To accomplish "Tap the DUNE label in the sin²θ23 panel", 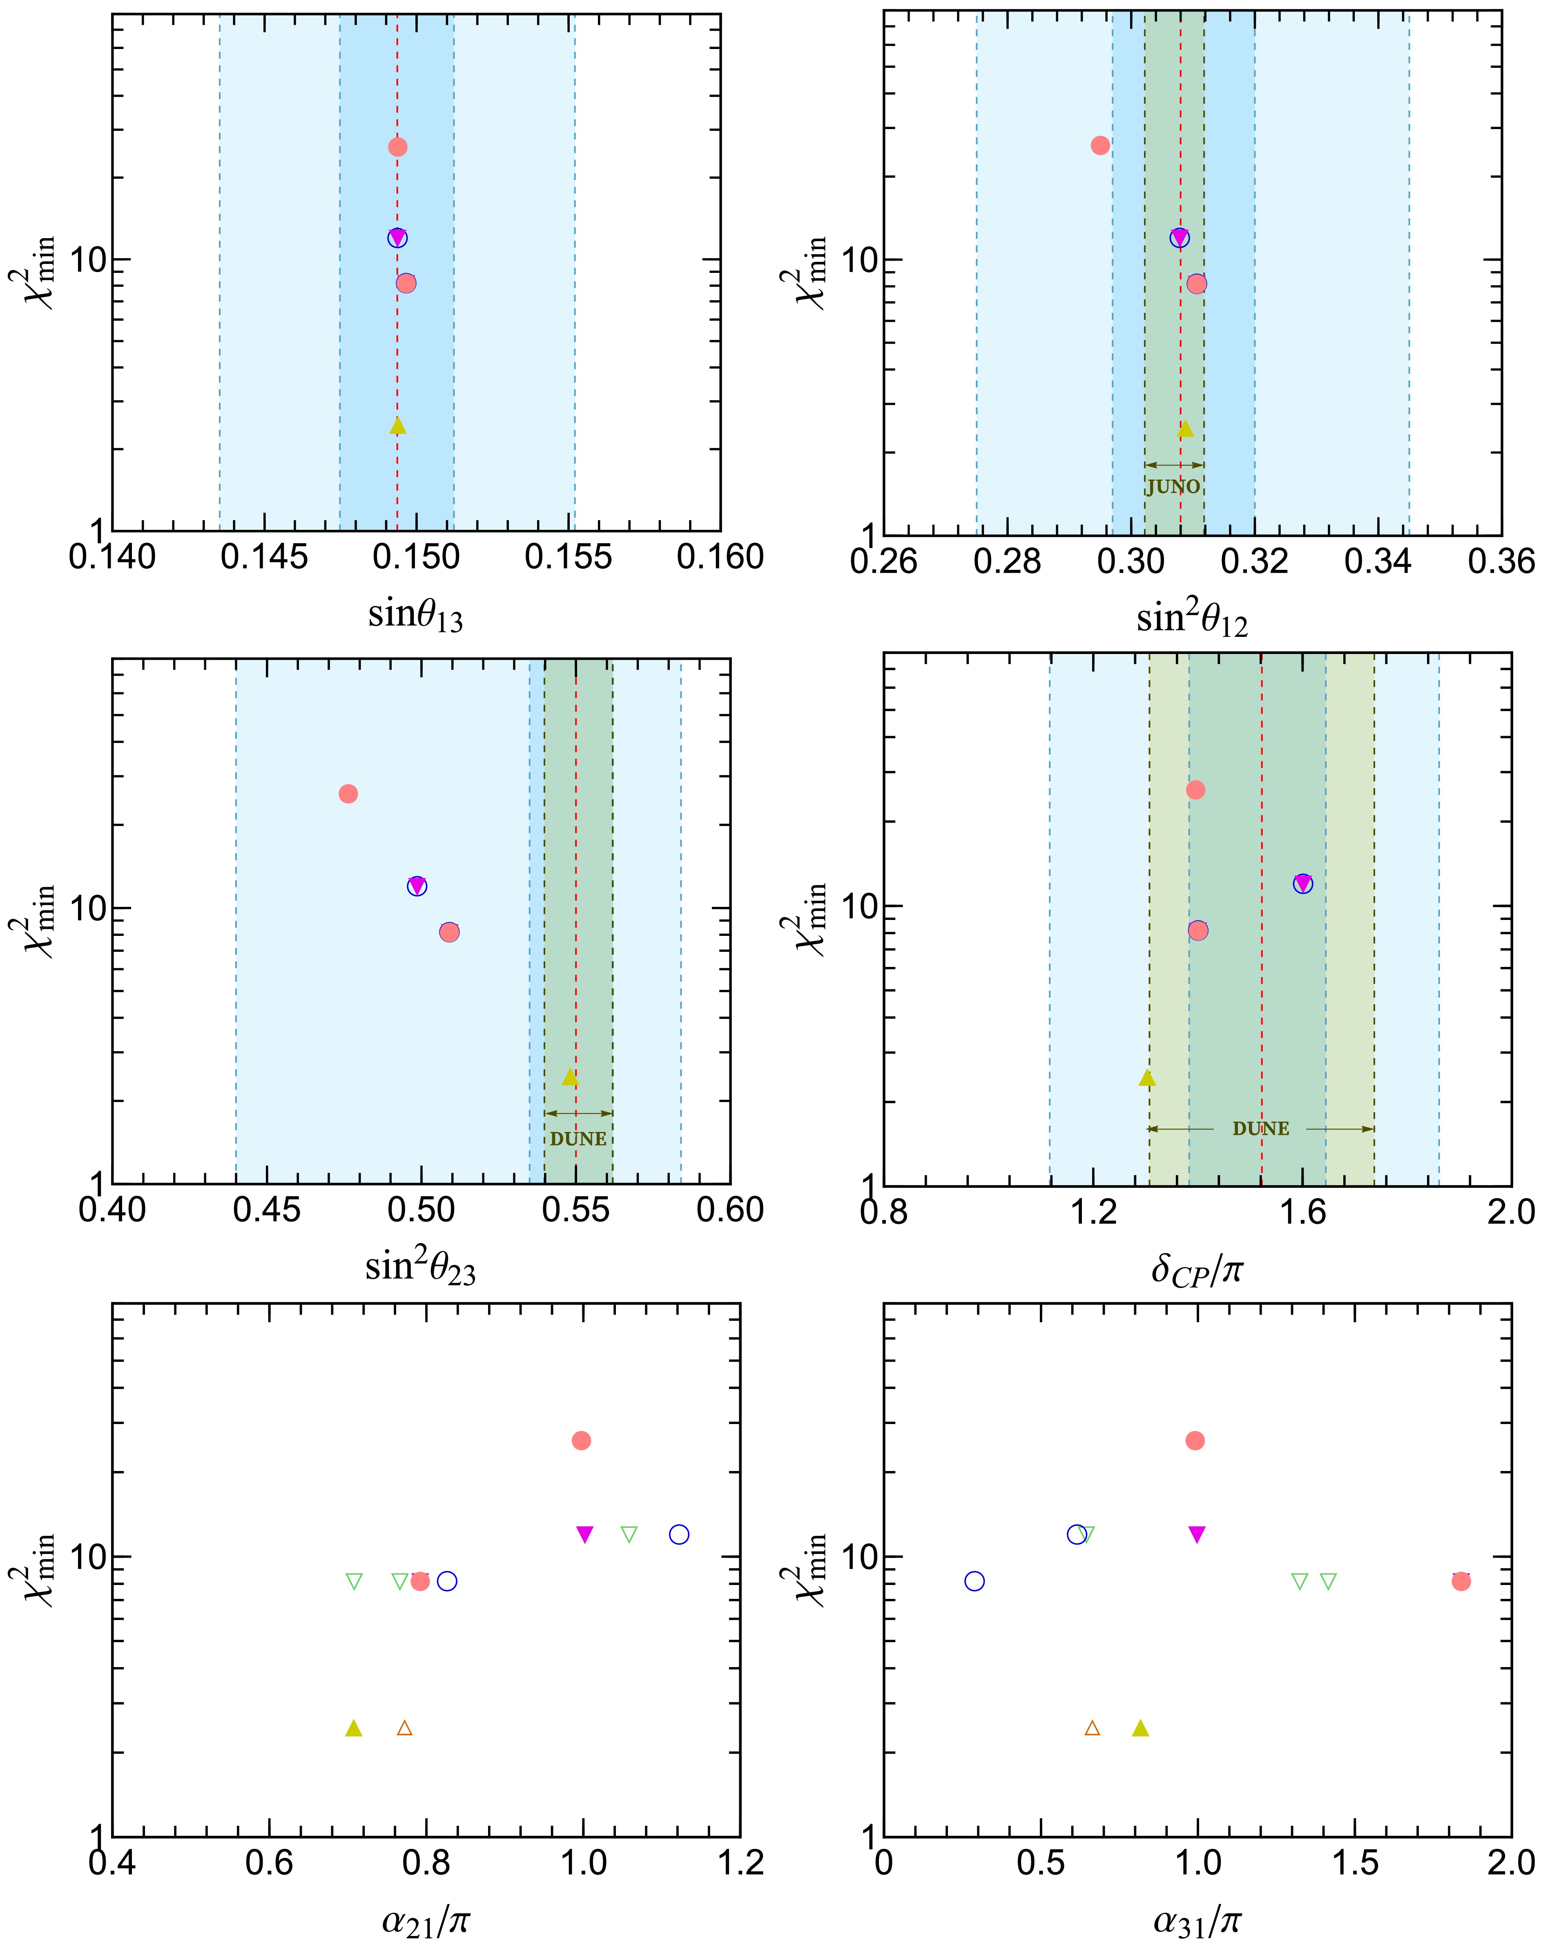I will (578, 1138).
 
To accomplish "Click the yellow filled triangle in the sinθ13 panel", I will (397, 426).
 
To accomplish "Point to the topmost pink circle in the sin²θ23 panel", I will (348, 793).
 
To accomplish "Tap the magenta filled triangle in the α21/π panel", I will (584, 1534).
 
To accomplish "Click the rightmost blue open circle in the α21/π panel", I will (679, 1534).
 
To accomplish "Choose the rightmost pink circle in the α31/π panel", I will (1461, 1580).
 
